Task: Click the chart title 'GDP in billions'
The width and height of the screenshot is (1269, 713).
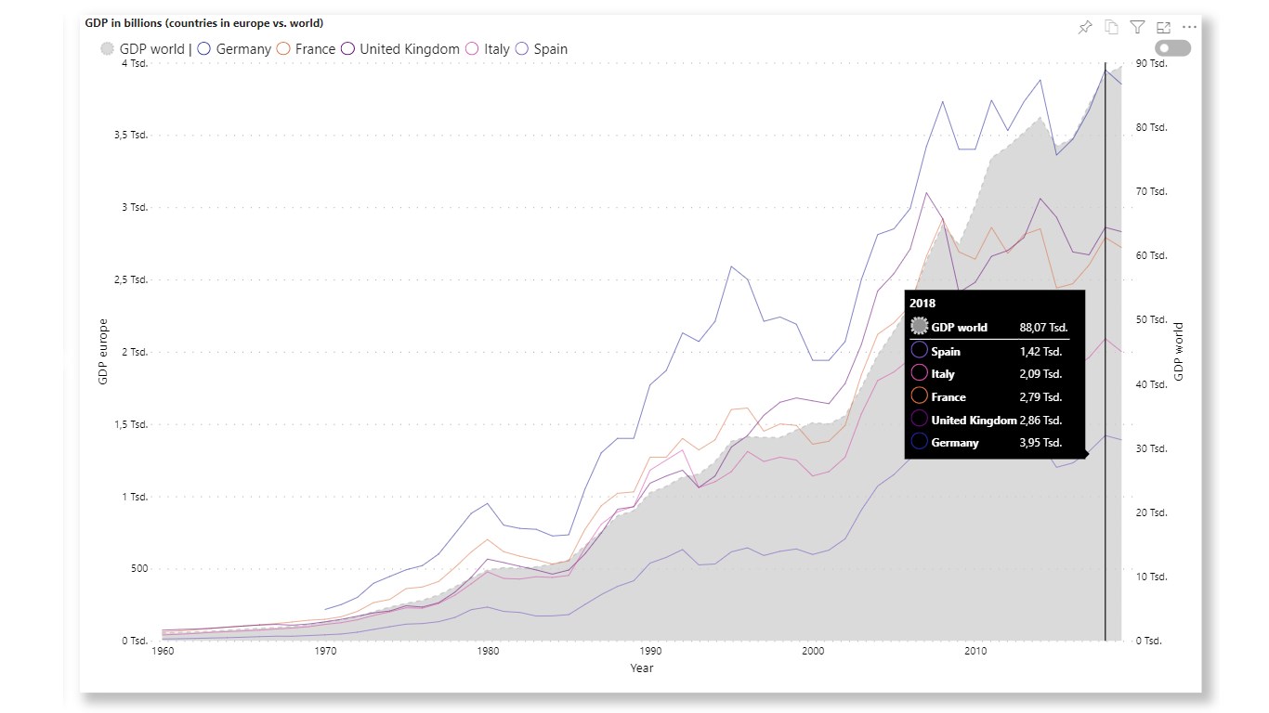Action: pos(203,22)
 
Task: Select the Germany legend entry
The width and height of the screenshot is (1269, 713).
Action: pos(234,49)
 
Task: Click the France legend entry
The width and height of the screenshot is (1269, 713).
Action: pos(307,49)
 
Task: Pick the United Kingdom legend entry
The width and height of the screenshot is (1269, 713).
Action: pos(400,49)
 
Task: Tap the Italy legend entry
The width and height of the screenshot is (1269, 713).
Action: pos(489,49)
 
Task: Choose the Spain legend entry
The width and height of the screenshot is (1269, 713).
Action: pos(542,49)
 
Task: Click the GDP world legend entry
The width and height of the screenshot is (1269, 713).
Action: pos(143,49)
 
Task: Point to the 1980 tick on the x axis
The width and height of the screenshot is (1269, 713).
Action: pos(488,652)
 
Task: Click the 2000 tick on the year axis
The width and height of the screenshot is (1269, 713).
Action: pos(813,652)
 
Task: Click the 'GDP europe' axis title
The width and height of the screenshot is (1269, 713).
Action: pos(104,352)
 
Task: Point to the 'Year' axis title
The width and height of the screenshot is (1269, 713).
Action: pos(642,668)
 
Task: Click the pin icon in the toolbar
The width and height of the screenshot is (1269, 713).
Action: pos(1084,27)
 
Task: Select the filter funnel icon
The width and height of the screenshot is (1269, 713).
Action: pos(1137,27)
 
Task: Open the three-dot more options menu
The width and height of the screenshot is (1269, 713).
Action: pos(1189,27)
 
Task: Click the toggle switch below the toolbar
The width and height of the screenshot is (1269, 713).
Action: pos(1172,47)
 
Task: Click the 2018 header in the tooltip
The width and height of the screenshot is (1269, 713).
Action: pos(922,304)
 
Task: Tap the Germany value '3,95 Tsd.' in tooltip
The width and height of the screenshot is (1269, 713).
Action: pos(1040,443)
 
